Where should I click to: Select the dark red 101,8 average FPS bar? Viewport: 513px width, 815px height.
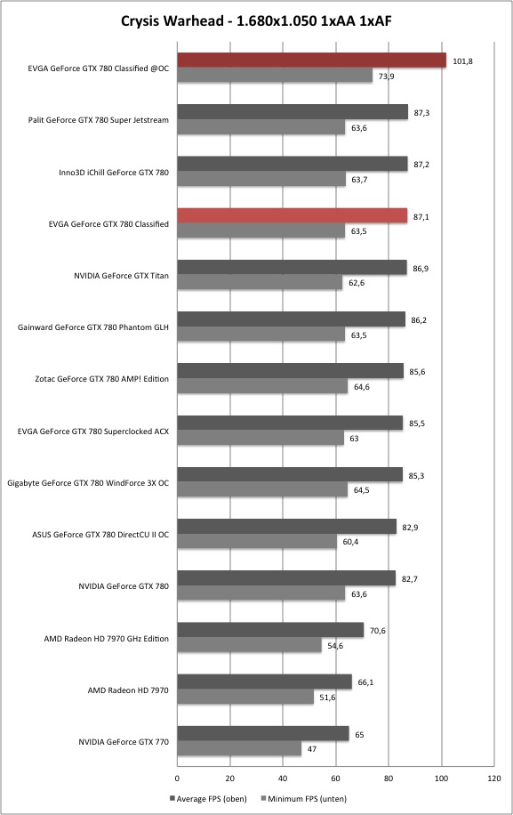[x=311, y=61]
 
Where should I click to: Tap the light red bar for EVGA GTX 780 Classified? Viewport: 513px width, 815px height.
[x=293, y=215]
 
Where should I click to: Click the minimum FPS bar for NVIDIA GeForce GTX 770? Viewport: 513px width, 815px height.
[x=239, y=748]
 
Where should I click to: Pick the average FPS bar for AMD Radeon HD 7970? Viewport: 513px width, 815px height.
[x=265, y=682]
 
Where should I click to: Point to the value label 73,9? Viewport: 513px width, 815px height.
[x=386, y=77]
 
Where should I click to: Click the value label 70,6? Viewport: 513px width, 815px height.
[x=378, y=631]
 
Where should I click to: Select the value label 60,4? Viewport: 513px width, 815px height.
[x=350, y=542]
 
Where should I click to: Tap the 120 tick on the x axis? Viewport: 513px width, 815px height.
[x=494, y=779]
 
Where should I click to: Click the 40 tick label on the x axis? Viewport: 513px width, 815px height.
[x=283, y=779]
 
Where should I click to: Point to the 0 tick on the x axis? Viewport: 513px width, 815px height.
[x=177, y=779]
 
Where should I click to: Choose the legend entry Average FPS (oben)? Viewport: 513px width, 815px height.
[x=208, y=798]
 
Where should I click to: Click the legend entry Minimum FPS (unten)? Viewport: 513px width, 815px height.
[x=303, y=798]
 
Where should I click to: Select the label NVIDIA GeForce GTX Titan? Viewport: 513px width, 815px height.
[x=121, y=276]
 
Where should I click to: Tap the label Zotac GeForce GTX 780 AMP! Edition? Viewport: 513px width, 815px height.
[x=101, y=379]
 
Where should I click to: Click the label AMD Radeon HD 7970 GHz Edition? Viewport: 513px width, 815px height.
[x=107, y=638]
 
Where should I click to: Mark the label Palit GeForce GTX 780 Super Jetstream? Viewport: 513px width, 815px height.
[x=99, y=120]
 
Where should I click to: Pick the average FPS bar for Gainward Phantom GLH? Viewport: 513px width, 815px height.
[x=292, y=319]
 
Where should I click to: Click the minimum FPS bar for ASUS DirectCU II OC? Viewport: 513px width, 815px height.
[x=257, y=541]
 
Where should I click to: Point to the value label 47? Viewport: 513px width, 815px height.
[x=312, y=749]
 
